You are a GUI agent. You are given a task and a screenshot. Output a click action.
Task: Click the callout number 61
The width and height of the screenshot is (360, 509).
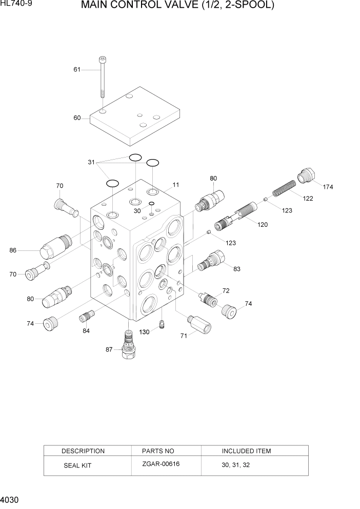77,70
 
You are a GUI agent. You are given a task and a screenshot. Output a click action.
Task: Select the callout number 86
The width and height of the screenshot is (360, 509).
13,250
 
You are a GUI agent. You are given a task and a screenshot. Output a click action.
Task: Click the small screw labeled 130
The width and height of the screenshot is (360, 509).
162,326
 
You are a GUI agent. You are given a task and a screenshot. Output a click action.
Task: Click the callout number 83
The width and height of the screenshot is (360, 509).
236,268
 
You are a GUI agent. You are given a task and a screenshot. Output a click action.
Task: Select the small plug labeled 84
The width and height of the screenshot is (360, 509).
85,317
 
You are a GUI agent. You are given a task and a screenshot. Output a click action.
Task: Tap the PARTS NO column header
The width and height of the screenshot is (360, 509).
158,451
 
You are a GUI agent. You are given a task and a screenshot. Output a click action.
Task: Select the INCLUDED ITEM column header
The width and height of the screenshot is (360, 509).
246,451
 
